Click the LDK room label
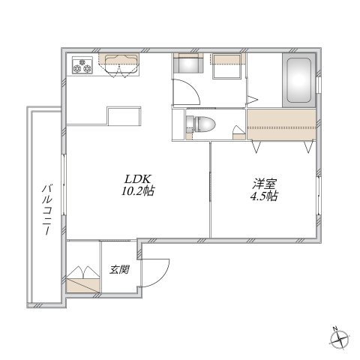tap(138, 179)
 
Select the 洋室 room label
tap(263, 183)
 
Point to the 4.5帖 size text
tap(264, 196)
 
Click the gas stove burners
tap(82, 67)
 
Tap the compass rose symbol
tap(341, 340)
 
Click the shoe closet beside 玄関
tap(83, 277)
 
